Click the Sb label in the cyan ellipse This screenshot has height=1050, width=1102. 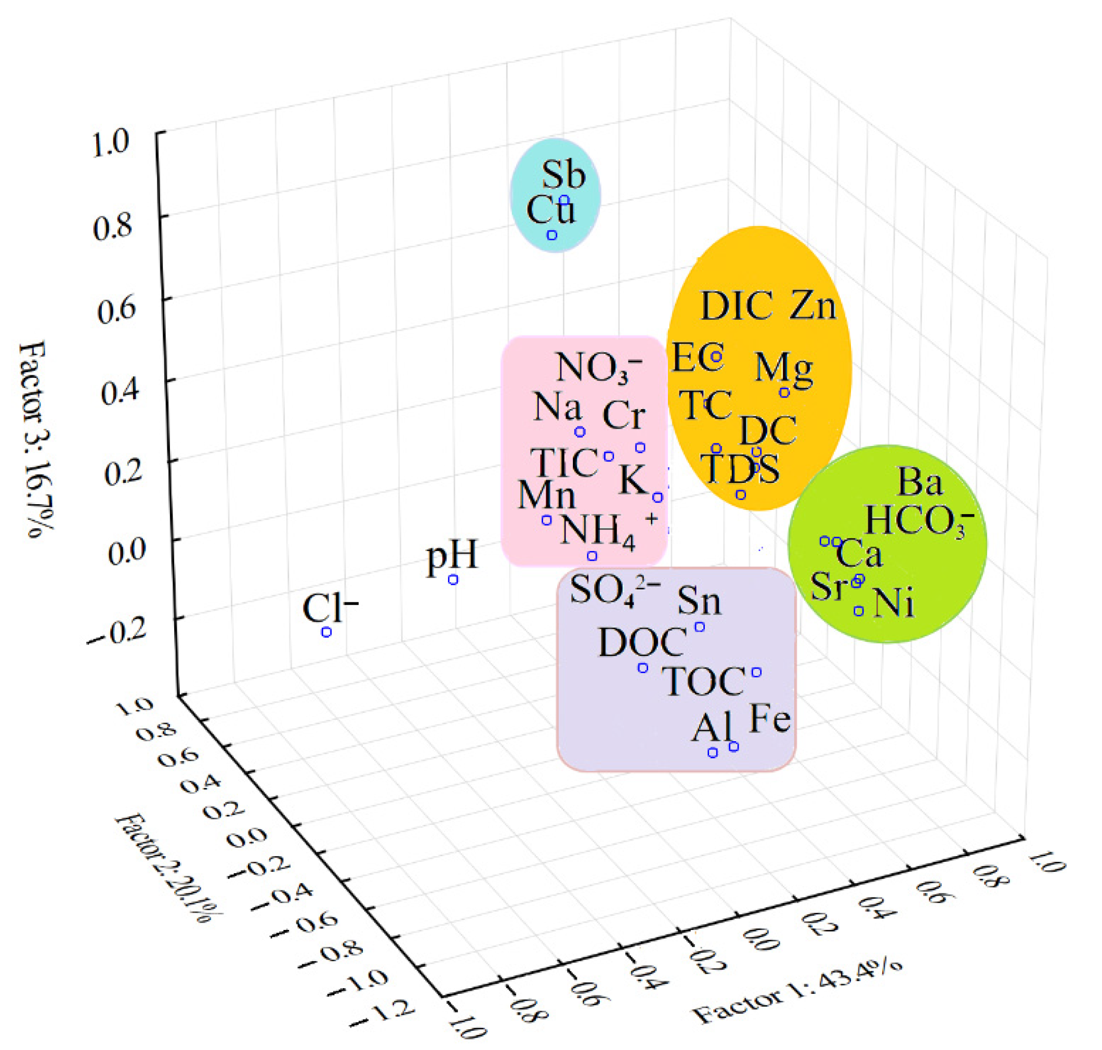pyautogui.click(x=563, y=174)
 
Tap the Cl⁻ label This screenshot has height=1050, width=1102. pyautogui.click(x=329, y=608)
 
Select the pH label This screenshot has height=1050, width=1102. pyautogui.click(x=452, y=556)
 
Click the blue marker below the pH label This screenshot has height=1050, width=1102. pyautogui.click(x=453, y=580)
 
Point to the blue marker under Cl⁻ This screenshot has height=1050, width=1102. pyautogui.click(x=326, y=632)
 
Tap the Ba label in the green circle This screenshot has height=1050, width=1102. pyautogui.click(x=920, y=482)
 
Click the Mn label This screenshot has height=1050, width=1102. pyautogui.click(x=546, y=495)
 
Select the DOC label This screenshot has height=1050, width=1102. pyautogui.click(x=642, y=642)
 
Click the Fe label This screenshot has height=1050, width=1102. pyautogui.click(x=769, y=719)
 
